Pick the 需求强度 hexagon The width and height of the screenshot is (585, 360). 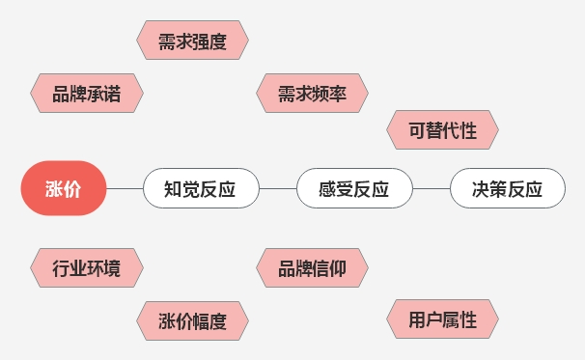[x=191, y=41]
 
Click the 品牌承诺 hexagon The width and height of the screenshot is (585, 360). [x=86, y=94]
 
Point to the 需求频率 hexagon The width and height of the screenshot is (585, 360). [x=314, y=94]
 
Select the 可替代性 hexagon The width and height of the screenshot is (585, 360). [x=442, y=129]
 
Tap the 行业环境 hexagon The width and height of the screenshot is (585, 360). [x=86, y=268]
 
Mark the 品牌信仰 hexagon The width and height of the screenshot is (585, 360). [x=314, y=268]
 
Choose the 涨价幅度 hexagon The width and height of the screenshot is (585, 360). [x=191, y=321]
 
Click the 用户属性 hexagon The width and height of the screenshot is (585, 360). [x=442, y=319]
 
